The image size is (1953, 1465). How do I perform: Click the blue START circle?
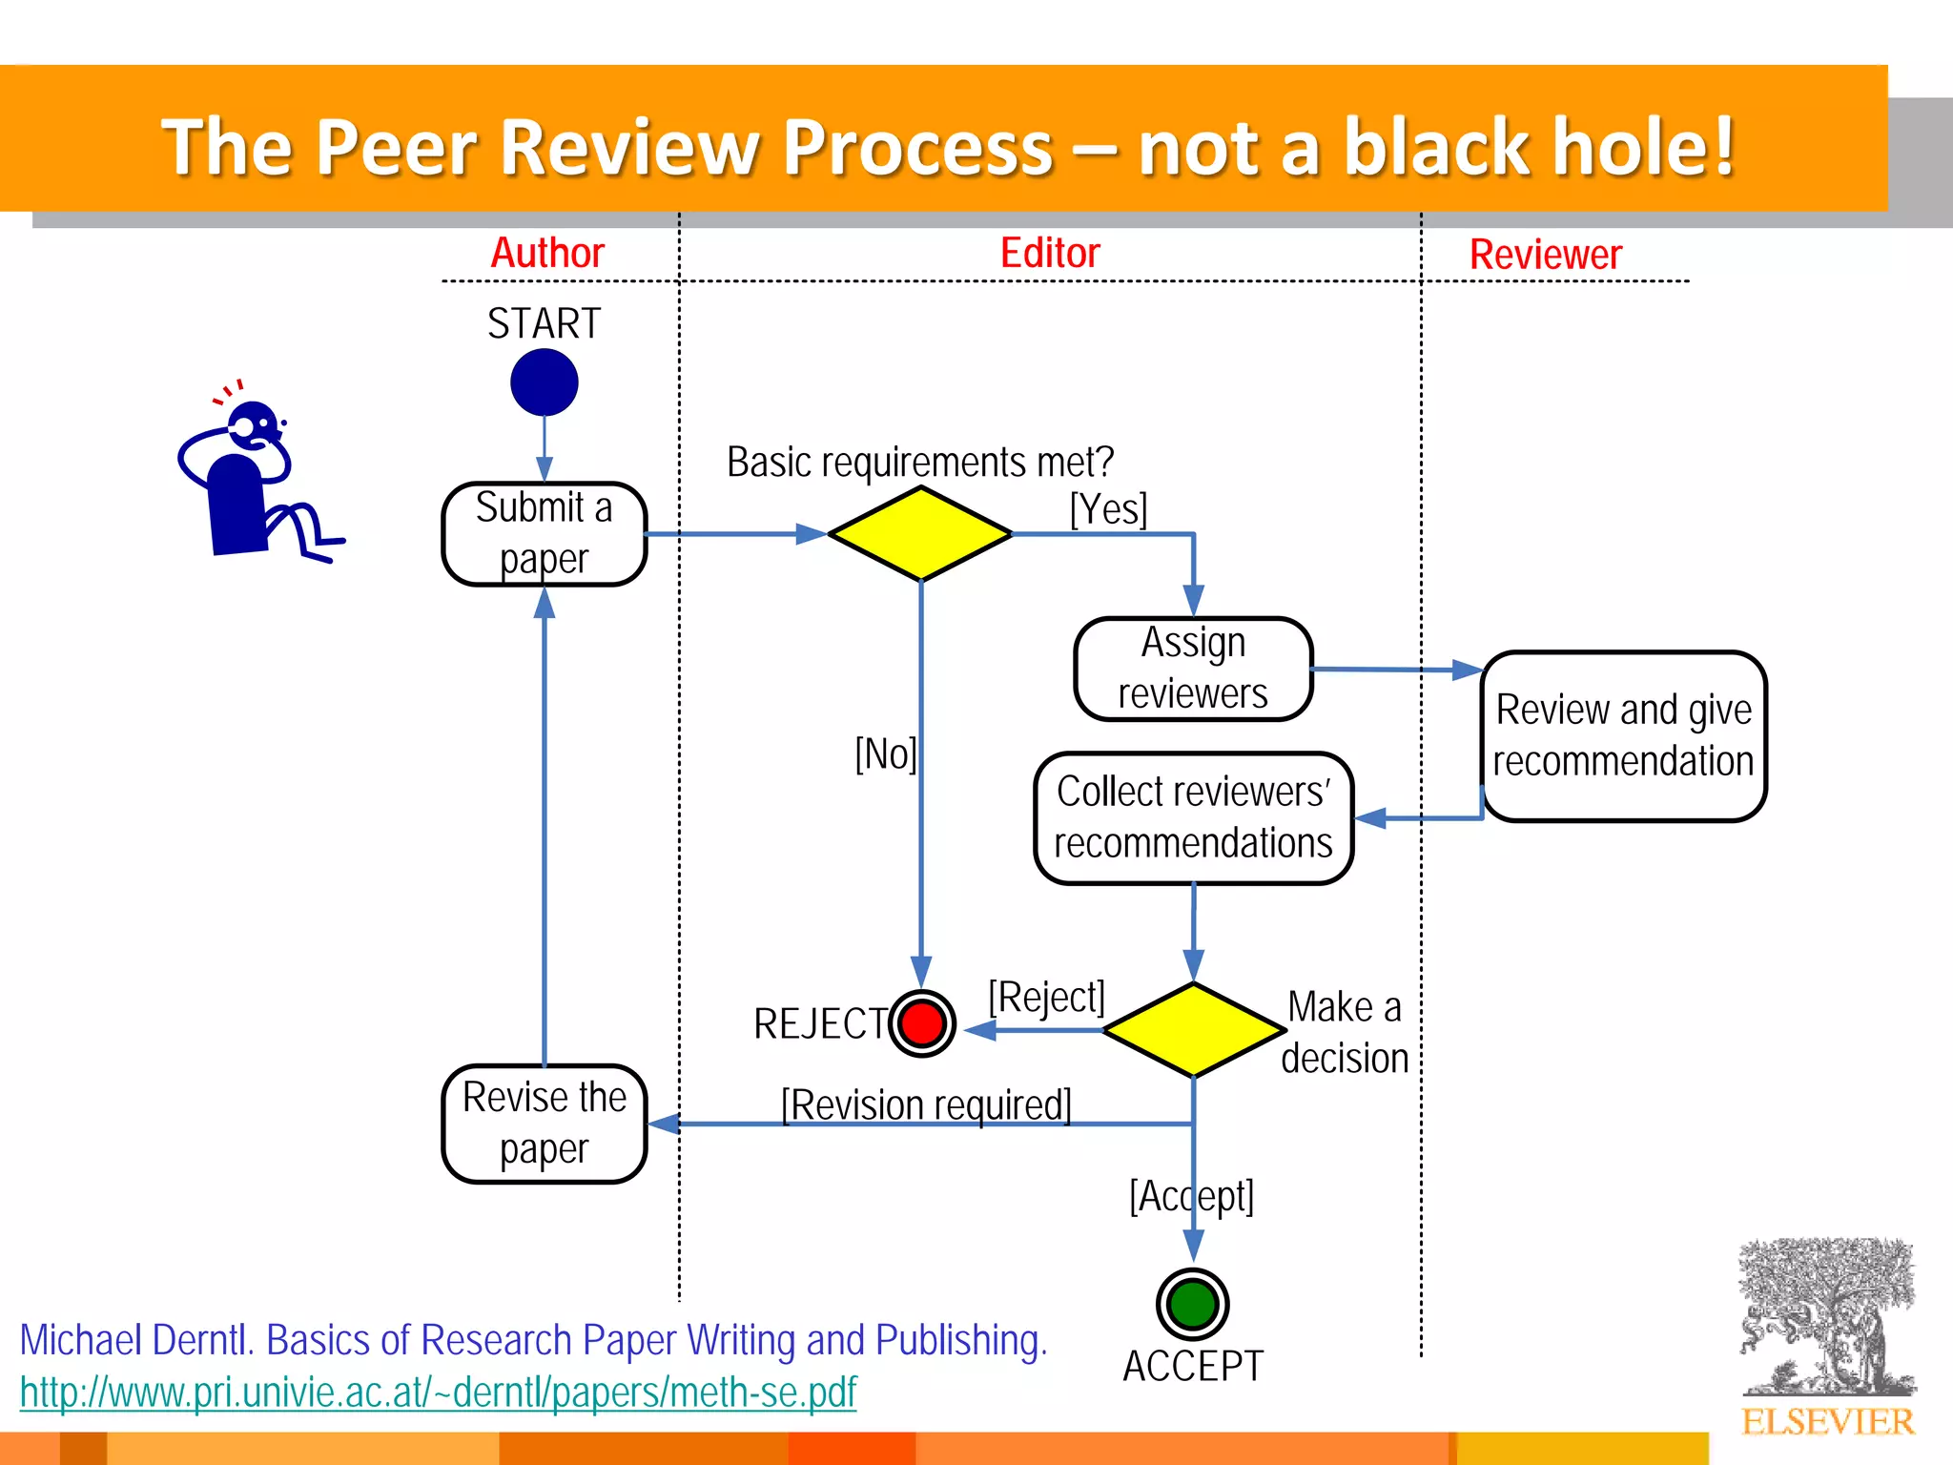544,382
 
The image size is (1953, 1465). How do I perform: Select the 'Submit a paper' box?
544,534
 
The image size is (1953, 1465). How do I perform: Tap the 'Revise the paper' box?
544,1124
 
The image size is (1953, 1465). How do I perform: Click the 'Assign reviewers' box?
1193,669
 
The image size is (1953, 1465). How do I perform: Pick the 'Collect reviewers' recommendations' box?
1193,818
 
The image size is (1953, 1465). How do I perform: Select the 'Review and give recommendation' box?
1623,735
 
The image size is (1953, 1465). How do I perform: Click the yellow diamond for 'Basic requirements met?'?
920,534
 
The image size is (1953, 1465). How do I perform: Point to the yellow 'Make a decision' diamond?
1193,1030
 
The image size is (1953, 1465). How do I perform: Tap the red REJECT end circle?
922,1023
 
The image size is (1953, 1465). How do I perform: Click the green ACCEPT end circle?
1192,1304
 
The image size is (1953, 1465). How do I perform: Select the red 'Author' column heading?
547,254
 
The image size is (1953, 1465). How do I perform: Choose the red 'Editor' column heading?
1050,254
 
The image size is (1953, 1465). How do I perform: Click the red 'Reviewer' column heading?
1545,255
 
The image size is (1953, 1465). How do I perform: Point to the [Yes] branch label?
1108,509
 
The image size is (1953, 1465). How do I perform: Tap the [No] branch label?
885,754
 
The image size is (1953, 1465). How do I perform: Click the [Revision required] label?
926,1105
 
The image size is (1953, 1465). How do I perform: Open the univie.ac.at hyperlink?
438,1393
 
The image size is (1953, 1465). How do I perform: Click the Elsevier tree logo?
1826,1321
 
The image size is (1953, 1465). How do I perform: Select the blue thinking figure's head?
254,425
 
